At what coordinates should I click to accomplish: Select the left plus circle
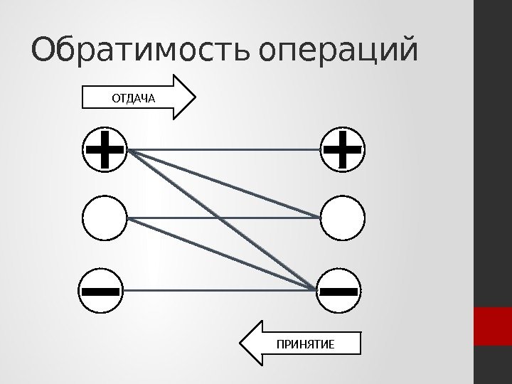click(x=105, y=150)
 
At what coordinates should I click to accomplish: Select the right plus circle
click(x=343, y=150)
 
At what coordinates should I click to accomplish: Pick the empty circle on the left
click(x=105, y=219)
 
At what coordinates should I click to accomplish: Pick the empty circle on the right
click(x=343, y=219)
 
